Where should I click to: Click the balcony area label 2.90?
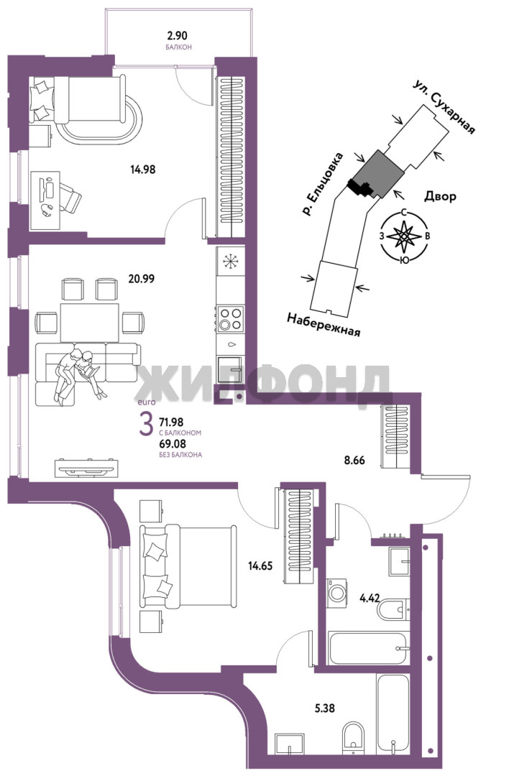(x=178, y=36)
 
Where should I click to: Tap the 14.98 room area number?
(x=143, y=170)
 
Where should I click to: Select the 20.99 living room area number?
(x=142, y=279)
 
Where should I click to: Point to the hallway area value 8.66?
(x=354, y=461)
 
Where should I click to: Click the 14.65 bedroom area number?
(x=260, y=565)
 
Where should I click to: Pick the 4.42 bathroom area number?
(x=370, y=599)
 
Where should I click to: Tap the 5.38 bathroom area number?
(x=324, y=708)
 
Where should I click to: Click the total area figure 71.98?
(x=171, y=422)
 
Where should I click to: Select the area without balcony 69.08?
(x=171, y=444)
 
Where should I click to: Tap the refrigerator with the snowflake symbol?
(x=231, y=262)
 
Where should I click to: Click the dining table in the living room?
(x=90, y=323)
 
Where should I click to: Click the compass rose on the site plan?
(x=404, y=236)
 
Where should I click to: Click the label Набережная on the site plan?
(x=324, y=325)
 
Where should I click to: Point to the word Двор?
(x=440, y=197)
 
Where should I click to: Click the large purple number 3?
(x=146, y=425)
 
